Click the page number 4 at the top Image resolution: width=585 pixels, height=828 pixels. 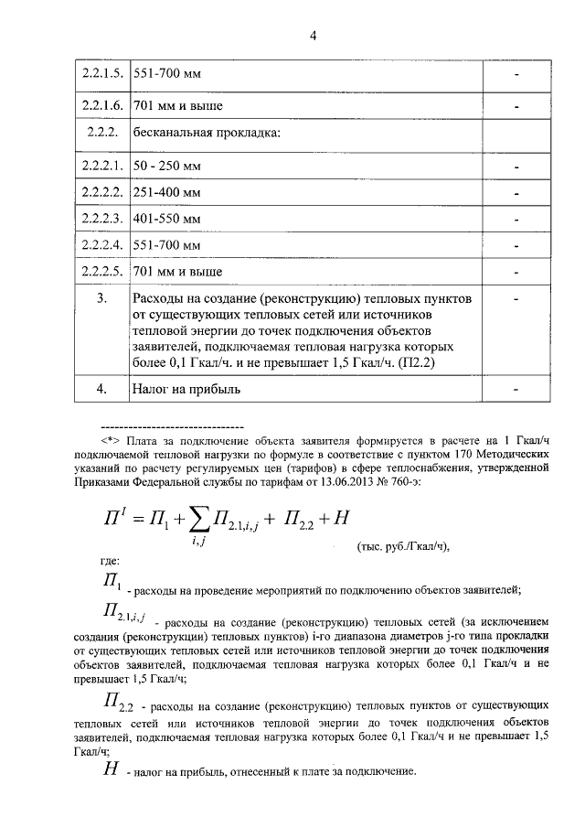point(313,37)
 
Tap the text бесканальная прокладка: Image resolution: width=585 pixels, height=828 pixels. point(206,134)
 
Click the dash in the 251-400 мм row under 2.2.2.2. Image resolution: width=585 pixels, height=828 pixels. point(516,193)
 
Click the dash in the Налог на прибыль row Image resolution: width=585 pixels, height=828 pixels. point(516,389)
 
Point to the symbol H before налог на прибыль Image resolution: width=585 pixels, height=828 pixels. point(110,770)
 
